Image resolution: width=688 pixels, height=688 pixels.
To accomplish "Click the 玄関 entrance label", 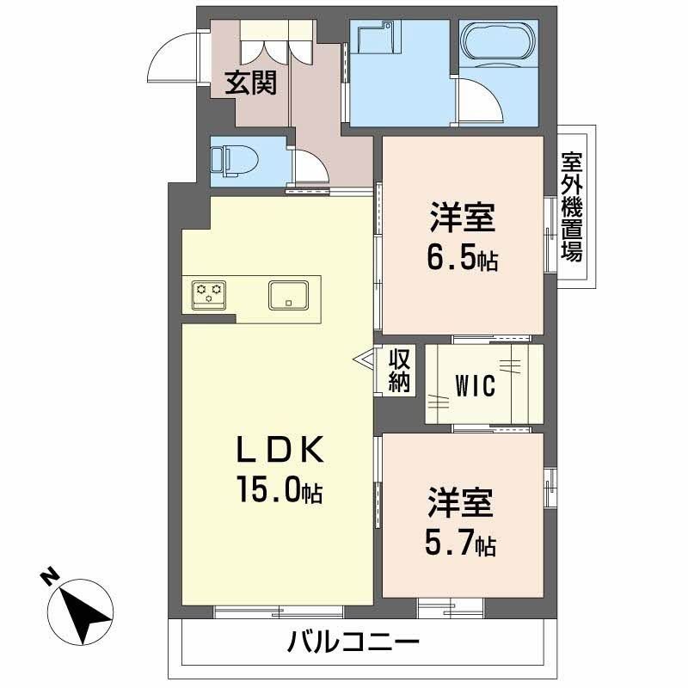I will [x=251, y=83].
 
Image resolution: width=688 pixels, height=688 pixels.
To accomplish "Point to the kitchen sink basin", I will [x=290, y=294].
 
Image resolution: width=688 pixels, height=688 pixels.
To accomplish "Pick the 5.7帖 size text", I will [x=463, y=544].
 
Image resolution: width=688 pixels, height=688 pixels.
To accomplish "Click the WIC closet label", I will [x=476, y=386].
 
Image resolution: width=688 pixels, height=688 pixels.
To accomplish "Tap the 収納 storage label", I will [x=398, y=371].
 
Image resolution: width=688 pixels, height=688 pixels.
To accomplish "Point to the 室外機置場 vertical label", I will [x=571, y=207].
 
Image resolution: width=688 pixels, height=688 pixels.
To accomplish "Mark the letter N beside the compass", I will [x=52, y=576].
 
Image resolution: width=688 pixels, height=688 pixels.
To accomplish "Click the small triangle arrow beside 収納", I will [x=363, y=360].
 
